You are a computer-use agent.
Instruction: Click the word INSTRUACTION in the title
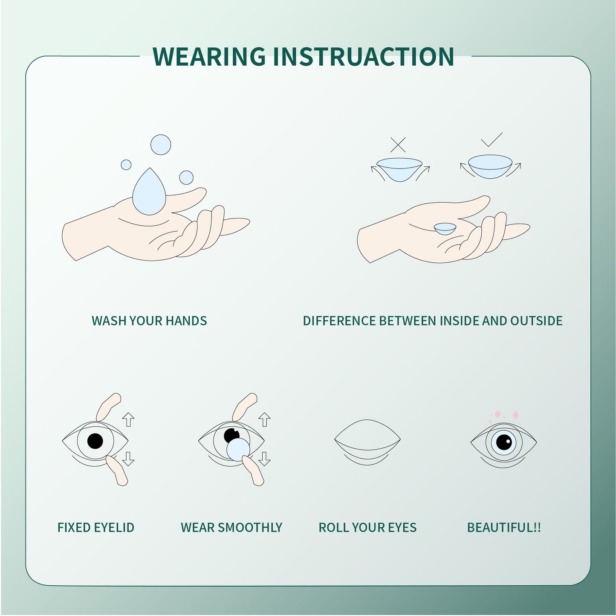pyautogui.click(x=363, y=57)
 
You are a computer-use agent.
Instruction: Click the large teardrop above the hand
pyautogui.click(x=148, y=193)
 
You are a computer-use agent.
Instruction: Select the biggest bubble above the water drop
pyautogui.click(x=161, y=145)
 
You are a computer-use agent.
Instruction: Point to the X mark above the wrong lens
pyautogui.click(x=398, y=145)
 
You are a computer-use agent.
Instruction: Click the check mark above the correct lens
pyautogui.click(x=492, y=140)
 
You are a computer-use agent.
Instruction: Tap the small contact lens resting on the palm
pyautogui.click(x=445, y=229)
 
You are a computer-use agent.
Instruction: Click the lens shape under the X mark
pyautogui.click(x=399, y=169)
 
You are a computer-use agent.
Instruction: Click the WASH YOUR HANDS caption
pyautogui.click(x=149, y=321)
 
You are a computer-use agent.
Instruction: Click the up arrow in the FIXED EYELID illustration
pyautogui.click(x=128, y=419)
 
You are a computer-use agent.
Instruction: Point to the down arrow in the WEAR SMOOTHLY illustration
pyautogui.click(x=264, y=459)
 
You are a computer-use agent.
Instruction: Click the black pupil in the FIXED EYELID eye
pyautogui.click(x=95, y=441)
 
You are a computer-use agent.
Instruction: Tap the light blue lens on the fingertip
pyautogui.click(x=238, y=450)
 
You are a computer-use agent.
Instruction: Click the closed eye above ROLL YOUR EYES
pyautogui.click(x=367, y=442)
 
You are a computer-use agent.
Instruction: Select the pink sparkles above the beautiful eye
pyautogui.click(x=506, y=415)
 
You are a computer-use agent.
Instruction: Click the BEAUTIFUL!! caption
pyautogui.click(x=504, y=528)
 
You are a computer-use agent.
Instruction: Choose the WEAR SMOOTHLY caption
pyautogui.click(x=231, y=528)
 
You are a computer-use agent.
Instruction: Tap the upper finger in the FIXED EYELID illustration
pyautogui.click(x=108, y=407)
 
